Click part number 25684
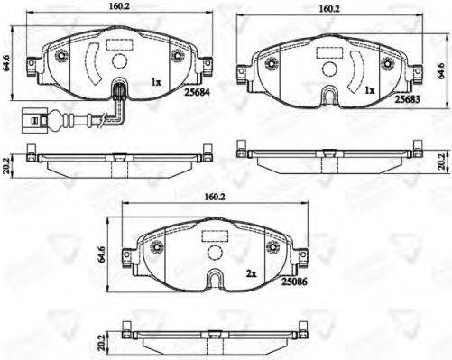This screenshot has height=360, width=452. pos(197,92)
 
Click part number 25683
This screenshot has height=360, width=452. pos(407,99)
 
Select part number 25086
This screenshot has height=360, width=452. pos(294,282)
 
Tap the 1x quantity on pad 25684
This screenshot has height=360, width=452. pos(156,82)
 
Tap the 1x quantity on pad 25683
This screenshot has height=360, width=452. pos(369,90)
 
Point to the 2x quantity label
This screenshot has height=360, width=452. pos(251,273)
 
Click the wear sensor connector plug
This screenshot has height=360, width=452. pos(34,121)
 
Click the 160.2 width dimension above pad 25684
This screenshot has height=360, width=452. pos(119,6)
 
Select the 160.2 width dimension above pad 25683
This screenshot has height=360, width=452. pos(329,9)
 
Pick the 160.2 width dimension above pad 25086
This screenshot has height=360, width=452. pos(215,197)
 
